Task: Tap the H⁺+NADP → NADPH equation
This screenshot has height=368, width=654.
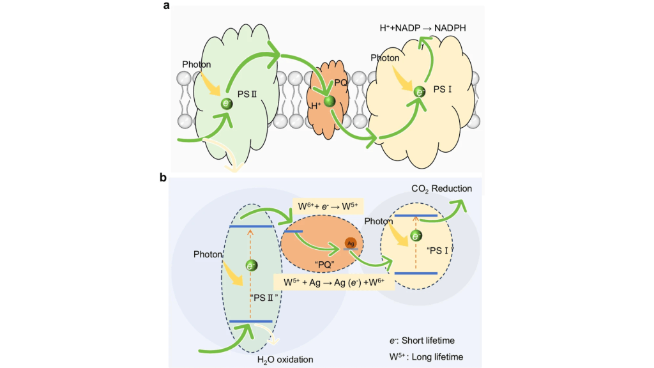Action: pyautogui.click(x=427, y=29)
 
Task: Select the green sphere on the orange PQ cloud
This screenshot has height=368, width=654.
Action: pyautogui.click(x=330, y=101)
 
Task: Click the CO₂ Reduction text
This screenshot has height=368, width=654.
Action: pyautogui.click(x=441, y=188)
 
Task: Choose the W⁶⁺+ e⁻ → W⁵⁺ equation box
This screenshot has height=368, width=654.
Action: pyautogui.click(x=327, y=206)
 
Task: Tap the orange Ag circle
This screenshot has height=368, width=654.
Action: pyautogui.click(x=351, y=243)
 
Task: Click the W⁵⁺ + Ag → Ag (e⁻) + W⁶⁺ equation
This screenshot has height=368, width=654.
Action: pyautogui.click(x=333, y=281)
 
